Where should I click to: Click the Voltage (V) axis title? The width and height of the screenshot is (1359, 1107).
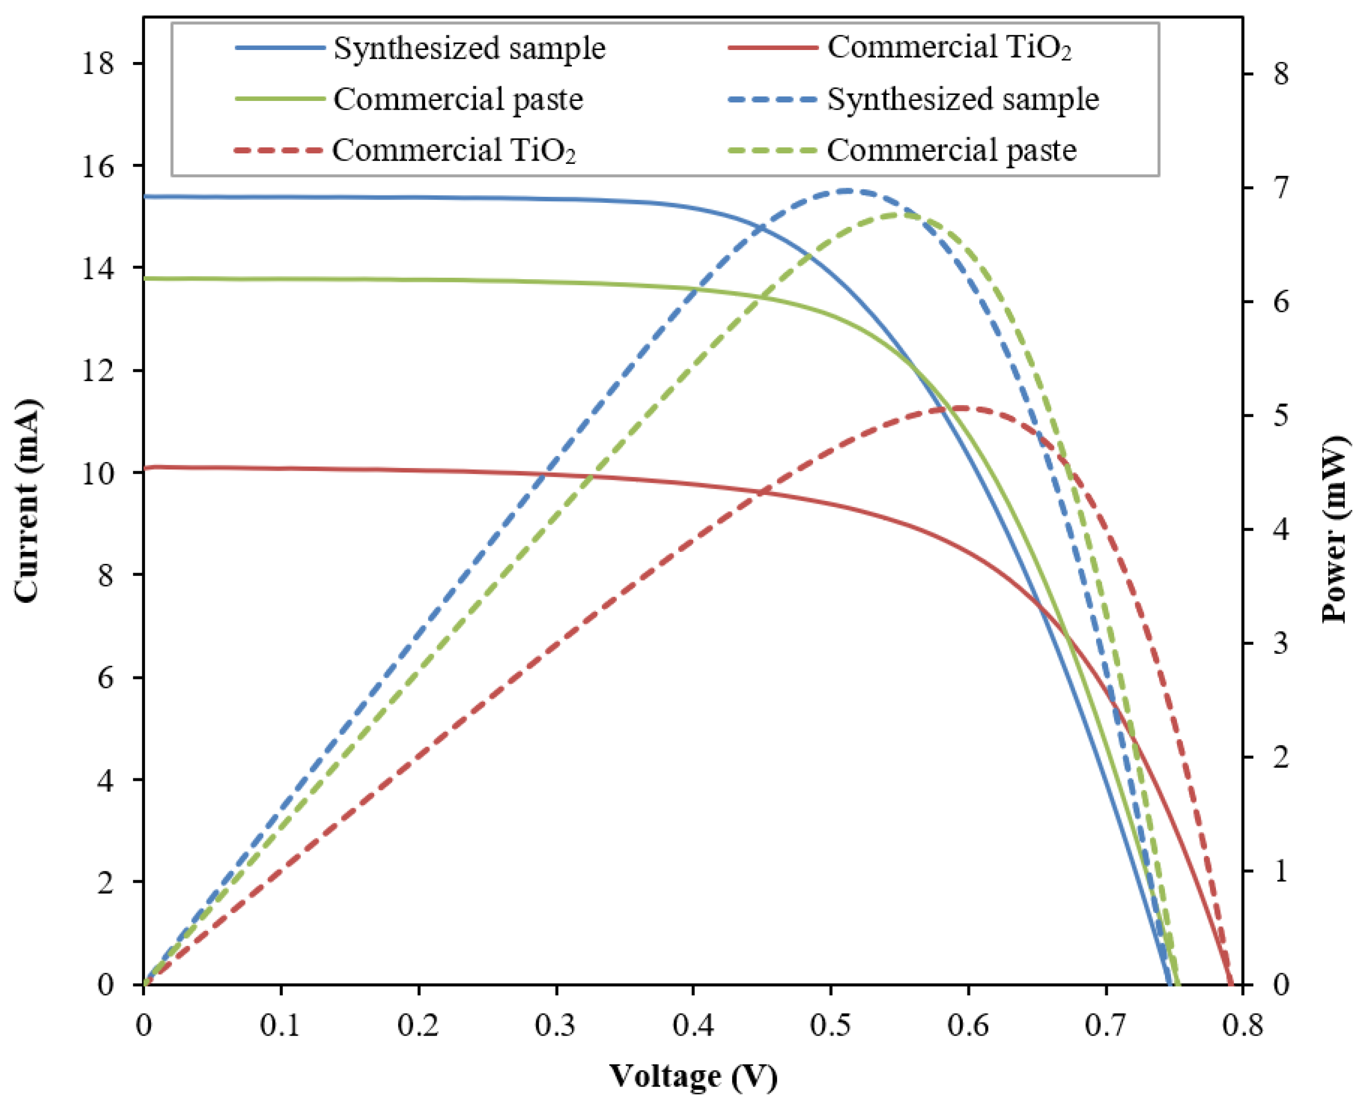[x=693, y=1076]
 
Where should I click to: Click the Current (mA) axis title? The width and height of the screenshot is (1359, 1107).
[x=27, y=500]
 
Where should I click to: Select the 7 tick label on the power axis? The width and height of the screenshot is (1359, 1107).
[x=1281, y=188]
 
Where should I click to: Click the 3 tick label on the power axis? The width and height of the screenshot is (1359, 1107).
[x=1281, y=643]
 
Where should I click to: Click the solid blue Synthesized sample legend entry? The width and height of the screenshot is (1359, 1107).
[x=469, y=48]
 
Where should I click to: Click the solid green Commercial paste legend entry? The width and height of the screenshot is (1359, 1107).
[x=458, y=99]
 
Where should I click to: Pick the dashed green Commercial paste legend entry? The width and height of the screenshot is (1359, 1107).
[x=952, y=150]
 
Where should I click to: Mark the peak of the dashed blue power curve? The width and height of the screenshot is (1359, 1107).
[x=847, y=190]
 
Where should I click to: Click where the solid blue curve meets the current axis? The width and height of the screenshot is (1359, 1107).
[x=145, y=196]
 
